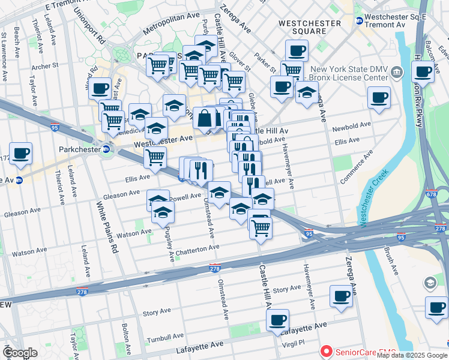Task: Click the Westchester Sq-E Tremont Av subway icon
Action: pyautogui.click(x=360, y=20)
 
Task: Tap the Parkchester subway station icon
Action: pyautogui.click(x=106, y=149)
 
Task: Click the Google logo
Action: pyautogui.click(x=20, y=353)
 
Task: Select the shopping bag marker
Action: pyautogui.click(x=205, y=117)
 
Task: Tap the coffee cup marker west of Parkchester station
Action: pyautogui.click(x=20, y=152)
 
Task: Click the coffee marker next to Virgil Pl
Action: pyautogui.click(x=277, y=320)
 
